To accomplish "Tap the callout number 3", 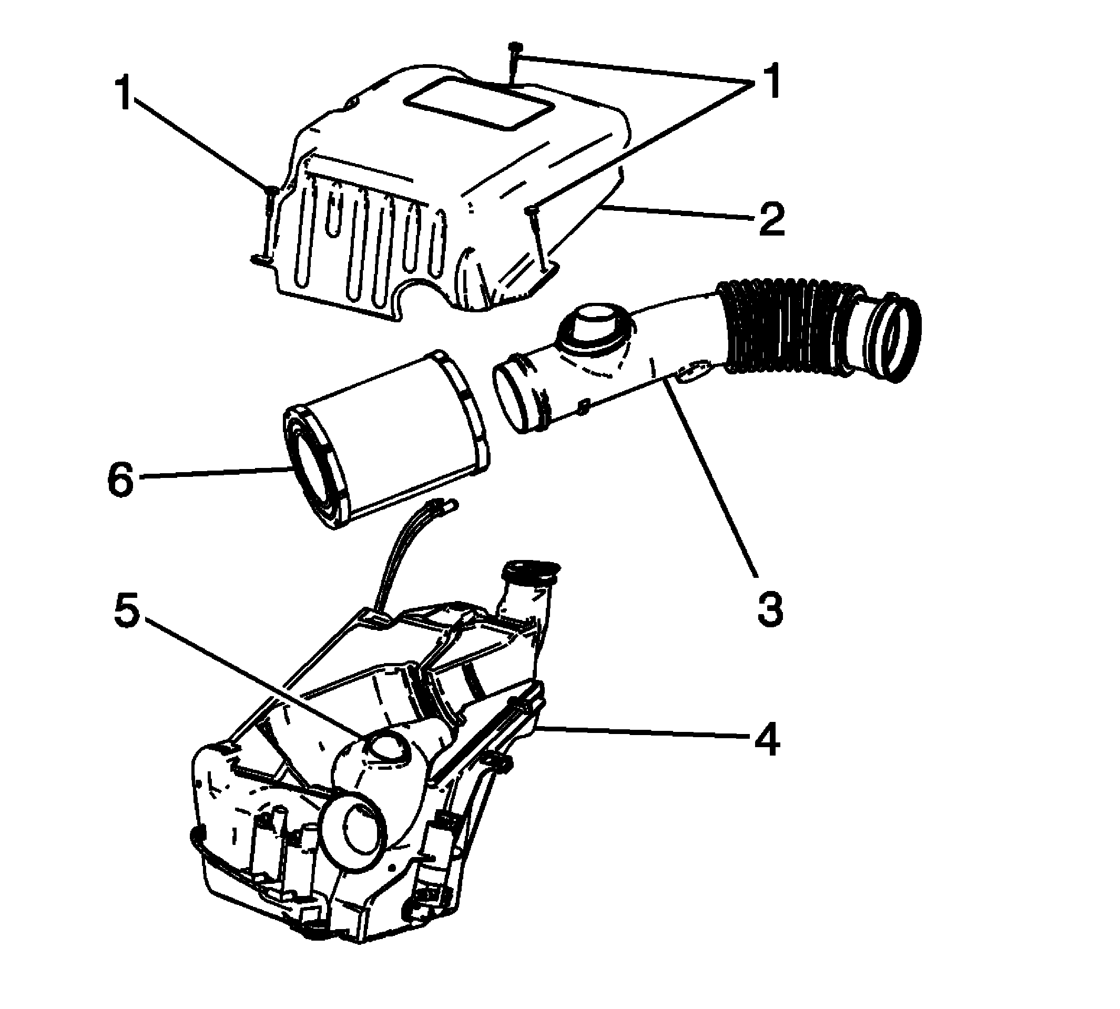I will pos(770,608).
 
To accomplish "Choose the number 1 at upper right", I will pos(767,80).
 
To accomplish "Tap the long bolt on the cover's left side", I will pos(269,222).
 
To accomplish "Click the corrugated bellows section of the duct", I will pos(787,327).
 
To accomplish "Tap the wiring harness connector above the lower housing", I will pos(444,506).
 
